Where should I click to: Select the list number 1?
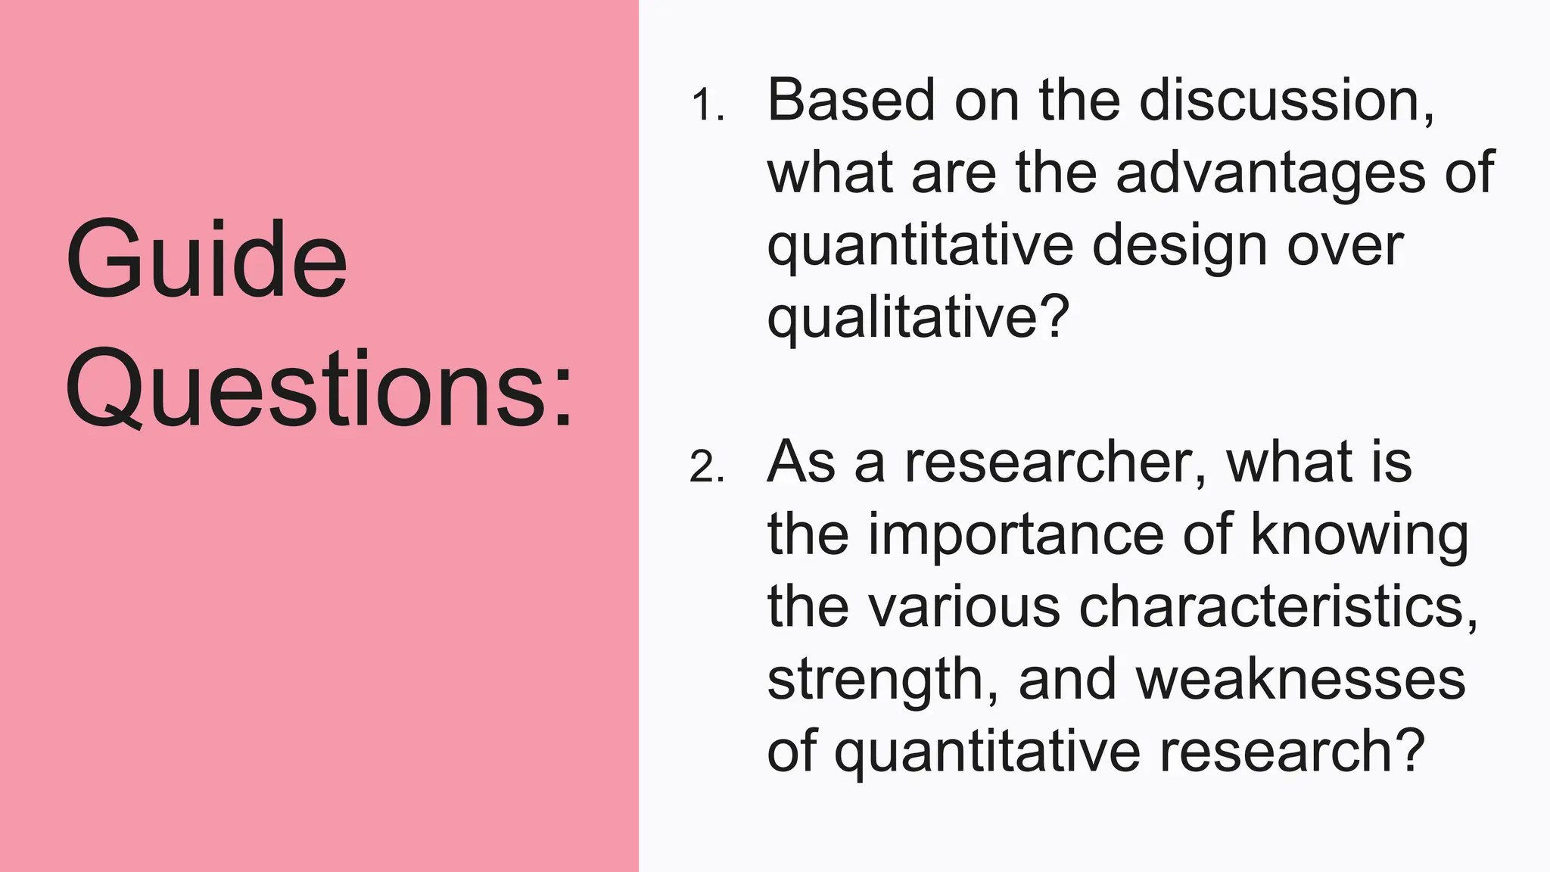point(707,106)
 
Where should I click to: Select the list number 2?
point(707,468)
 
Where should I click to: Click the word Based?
point(851,100)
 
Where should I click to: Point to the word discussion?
point(1287,100)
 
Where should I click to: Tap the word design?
point(1180,247)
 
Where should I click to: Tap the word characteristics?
point(1278,607)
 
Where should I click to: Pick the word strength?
point(882,680)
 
